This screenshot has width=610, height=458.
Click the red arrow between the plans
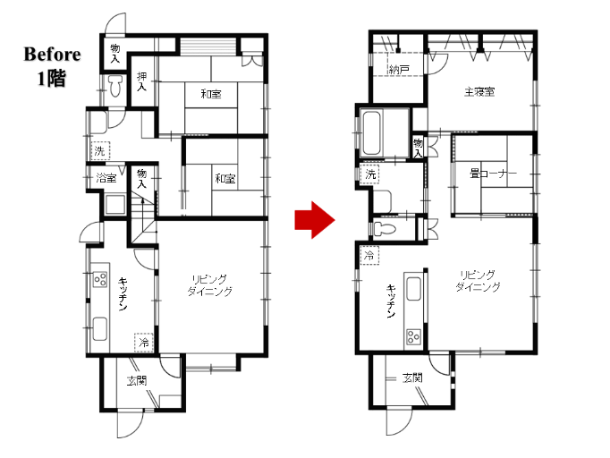314,220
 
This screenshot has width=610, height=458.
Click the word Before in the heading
52,54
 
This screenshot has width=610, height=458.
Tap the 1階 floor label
52,78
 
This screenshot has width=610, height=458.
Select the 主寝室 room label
479,92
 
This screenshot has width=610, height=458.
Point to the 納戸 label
399,70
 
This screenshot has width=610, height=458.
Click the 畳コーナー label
493,174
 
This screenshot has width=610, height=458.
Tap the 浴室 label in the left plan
106,178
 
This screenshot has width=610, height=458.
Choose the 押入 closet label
141,81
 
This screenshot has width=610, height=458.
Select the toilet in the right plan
385,229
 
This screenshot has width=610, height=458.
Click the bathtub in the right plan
371,133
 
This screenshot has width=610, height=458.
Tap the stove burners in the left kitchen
100,278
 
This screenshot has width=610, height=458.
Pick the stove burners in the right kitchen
413,336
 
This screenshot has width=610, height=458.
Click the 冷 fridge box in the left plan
144,343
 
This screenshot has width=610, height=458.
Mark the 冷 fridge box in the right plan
369,255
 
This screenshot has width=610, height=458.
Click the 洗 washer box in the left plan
100,150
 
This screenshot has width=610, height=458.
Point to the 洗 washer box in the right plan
370,174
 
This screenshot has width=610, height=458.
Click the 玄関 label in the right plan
412,377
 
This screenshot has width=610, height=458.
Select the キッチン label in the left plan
123,294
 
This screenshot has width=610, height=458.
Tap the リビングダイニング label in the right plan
478,281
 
